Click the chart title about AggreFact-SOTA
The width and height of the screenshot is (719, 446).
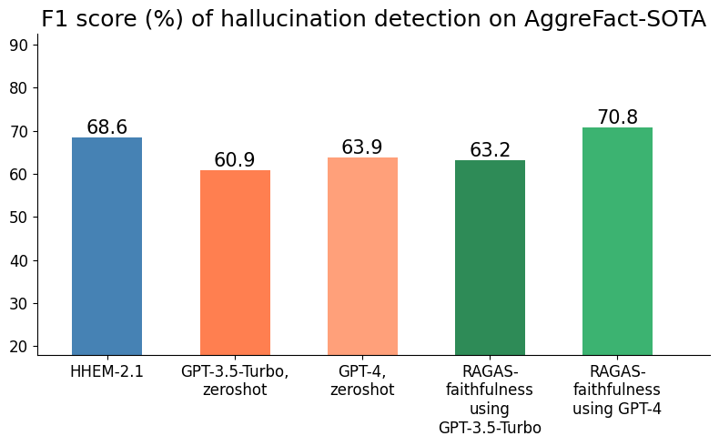point(373,19)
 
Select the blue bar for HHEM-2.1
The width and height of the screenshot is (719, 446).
point(106,246)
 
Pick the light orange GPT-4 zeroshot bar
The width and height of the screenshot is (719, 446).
point(362,256)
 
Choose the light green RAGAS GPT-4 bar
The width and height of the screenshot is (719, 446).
point(617,241)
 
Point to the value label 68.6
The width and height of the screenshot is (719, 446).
point(106,127)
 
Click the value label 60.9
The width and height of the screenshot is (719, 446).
point(235,160)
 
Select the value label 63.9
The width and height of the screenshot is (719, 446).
point(362,147)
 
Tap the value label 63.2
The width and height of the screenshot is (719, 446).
point(490,150)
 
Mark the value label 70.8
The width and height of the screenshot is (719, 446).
point(617,117)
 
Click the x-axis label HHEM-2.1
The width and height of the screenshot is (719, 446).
point(106,371)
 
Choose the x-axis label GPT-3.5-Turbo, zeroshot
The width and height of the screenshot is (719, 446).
point(235,380)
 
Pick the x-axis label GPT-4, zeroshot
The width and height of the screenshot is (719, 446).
point(362,380)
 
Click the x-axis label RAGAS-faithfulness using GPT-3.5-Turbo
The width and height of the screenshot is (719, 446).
point(490,400)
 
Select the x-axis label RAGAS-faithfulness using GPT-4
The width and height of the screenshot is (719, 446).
point(617,390)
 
